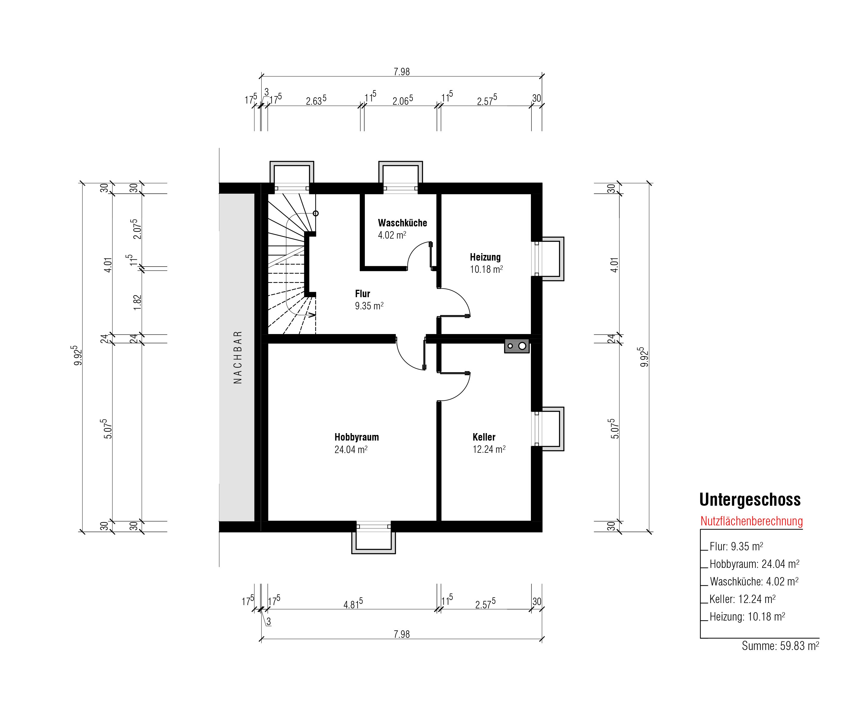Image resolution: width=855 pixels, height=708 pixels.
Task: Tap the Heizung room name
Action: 485,257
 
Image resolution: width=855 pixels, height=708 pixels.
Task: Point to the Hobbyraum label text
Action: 357,437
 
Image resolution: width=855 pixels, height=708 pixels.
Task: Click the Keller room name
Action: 484,437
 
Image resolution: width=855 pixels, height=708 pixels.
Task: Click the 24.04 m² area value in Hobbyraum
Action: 351,449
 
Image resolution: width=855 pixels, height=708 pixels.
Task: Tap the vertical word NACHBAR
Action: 238,357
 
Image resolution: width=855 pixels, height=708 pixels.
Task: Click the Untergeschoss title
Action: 750,500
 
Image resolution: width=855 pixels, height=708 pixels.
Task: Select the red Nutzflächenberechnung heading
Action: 752,521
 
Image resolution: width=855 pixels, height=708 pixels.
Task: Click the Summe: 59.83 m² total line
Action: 780,646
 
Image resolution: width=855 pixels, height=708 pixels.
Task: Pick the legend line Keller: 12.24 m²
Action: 742,599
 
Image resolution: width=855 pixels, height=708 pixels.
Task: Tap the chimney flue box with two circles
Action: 517,346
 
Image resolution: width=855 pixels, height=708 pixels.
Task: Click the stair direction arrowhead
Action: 313,314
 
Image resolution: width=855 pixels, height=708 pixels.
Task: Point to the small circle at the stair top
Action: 315,213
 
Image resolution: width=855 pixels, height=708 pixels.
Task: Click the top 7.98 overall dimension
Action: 401,72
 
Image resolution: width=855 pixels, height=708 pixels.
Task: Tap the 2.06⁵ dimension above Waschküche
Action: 402,100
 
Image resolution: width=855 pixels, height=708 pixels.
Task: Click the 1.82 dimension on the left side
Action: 137,302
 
